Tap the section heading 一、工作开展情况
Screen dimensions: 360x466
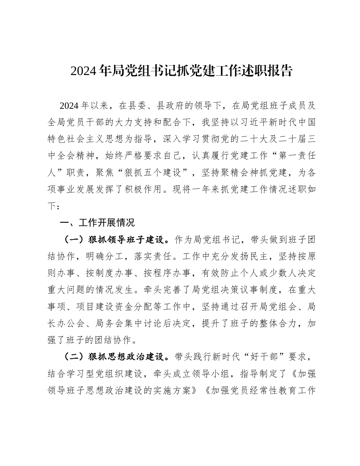pyautogui.click(x=98, y=222)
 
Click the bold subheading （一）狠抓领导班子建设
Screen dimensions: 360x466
pyautogui.click(x=112, y=239)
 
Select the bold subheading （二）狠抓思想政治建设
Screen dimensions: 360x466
pyautogui.click(x=112, y=357)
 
